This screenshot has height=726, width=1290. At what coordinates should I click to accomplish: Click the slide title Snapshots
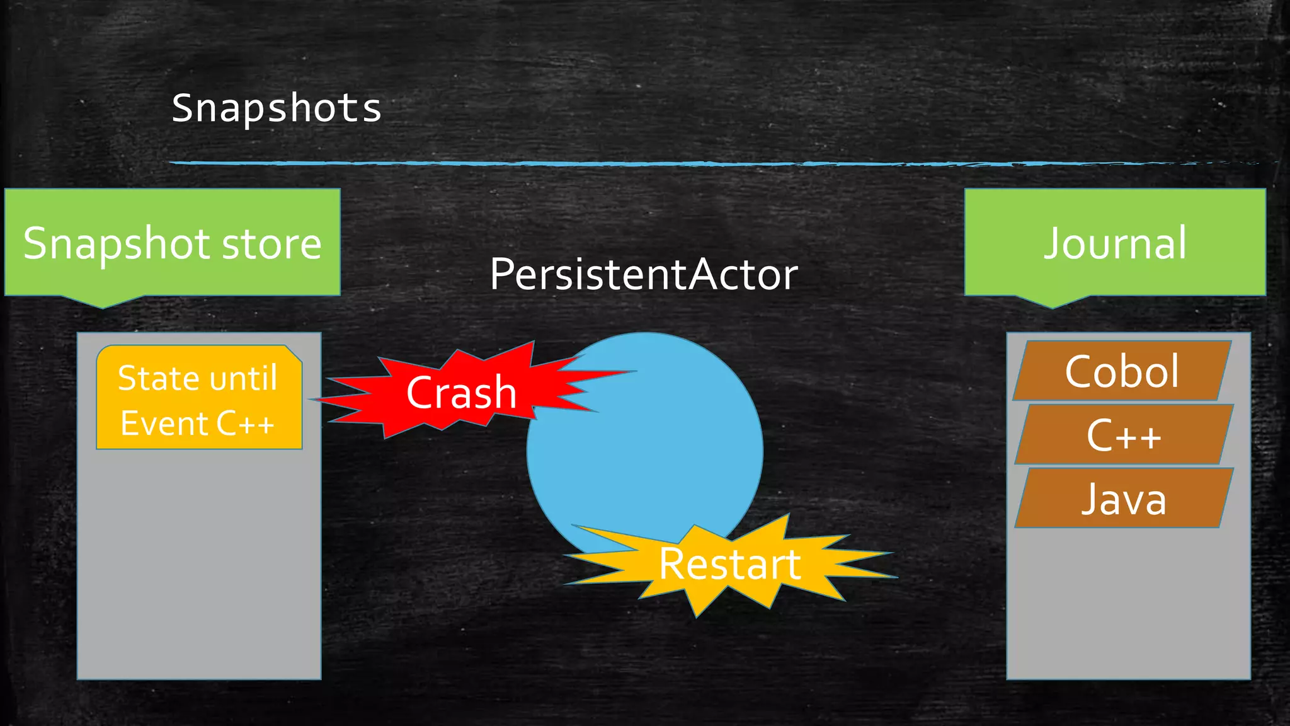point(277,108)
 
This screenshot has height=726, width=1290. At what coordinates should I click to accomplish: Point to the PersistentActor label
point(644,275)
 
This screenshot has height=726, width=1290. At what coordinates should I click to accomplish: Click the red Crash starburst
point(461,392)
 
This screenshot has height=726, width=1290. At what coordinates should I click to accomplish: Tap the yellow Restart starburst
point(729,564)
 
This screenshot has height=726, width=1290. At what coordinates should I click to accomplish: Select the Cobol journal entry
point(1122,371)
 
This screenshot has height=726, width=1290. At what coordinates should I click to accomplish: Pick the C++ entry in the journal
point(1123,435)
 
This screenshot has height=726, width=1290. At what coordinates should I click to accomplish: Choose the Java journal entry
point(1124,498)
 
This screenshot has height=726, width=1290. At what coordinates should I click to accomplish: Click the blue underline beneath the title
point(630,163)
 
